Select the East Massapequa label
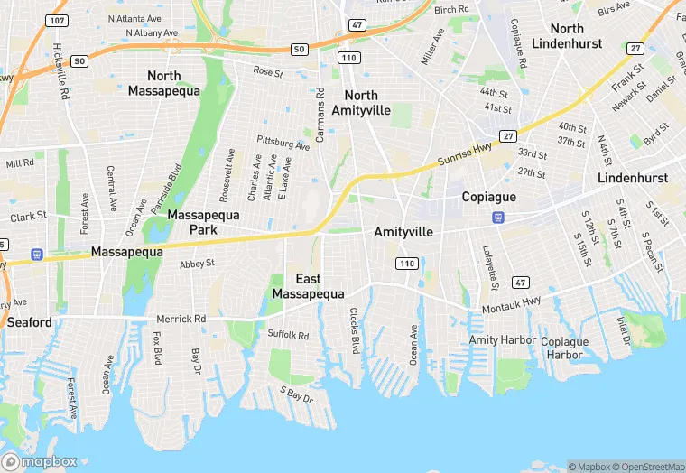coord(308,286)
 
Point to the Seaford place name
coord(30,322)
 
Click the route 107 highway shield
coord(56,20)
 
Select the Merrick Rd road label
coord(181,320)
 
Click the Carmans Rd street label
coord(320,115)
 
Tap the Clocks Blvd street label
coord(355,330)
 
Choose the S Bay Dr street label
coord(296,394)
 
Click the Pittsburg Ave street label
coord(283,143)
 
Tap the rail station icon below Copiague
coord(497,218)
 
